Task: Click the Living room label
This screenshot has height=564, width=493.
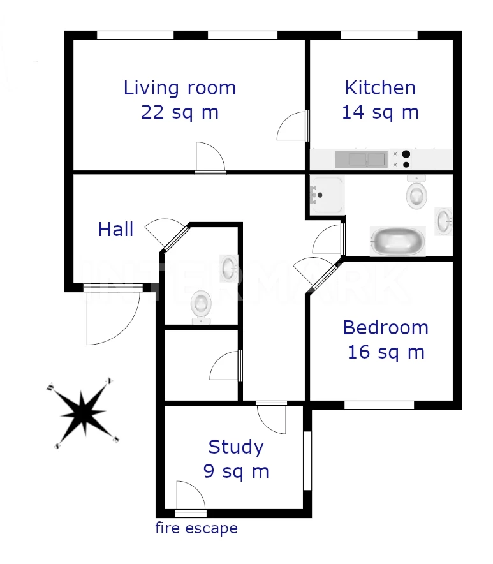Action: pyautogui.click(x=179, y=88)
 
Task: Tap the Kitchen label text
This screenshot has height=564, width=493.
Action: pyautogui.click(x=380, y=88)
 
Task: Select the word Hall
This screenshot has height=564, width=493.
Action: pyautogui.click(x=116, y=229)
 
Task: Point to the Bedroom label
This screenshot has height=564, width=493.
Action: pyautogui.click(x=385, y=327)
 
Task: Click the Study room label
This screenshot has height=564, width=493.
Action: pyautogui.click(x=236, y=447)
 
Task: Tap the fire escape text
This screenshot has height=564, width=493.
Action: pyautogui.click(x=196, y=528)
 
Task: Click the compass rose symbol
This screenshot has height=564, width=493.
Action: pyautogui.click(x=83, y=413)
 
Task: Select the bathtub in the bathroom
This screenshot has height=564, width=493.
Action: pyautogui.click(x=398, y=241)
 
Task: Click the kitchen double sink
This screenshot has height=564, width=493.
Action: pyautogui.click(x=362, y=160)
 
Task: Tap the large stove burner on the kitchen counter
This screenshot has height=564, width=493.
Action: pyautogui.click(x=406, y=154)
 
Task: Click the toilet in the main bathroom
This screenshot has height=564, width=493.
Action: pyautogui.click(x=416, y=192)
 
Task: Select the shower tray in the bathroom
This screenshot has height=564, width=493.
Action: pyautogui.click(x=327, y=195)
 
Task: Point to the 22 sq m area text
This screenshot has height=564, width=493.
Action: pyautogui.click(x=180, y=112)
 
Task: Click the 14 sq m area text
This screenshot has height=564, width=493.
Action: pyautogui.click(x=380, y=112)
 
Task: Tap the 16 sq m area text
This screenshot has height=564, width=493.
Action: pyautogui.click(x=386, y=352)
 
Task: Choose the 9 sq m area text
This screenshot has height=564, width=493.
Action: pyautogui.click(x=236, y=471)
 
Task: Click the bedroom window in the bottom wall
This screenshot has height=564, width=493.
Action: pyautogui.click(x=379, y=405)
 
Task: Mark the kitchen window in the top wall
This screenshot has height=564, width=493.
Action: pyautogui.click(x=379, y=35)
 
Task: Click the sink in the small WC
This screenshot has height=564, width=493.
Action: pyautogui.click(x=228, y=267)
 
